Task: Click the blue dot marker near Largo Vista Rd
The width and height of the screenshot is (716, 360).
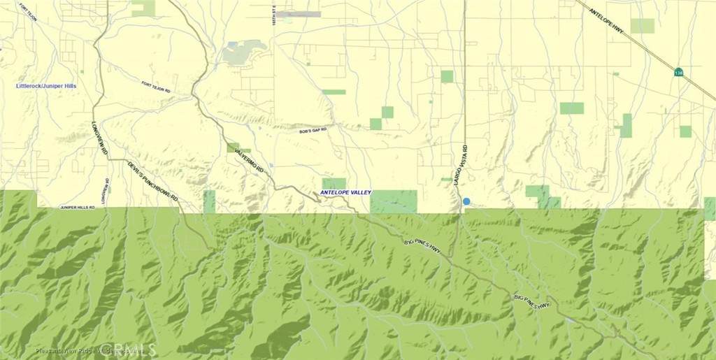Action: [466, 201]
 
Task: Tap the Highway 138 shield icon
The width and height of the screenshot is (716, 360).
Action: [678, 72]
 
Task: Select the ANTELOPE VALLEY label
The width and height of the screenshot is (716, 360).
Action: [345, 192]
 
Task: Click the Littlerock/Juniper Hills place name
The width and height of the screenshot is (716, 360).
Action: [46, 86]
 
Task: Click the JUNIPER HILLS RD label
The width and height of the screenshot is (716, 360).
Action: [78, 208]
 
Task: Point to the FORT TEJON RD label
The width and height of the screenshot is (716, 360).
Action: [156, 87]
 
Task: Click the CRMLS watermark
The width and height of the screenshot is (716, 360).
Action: [126, 349]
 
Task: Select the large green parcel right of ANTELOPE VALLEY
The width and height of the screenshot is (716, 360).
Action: [393, 201]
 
